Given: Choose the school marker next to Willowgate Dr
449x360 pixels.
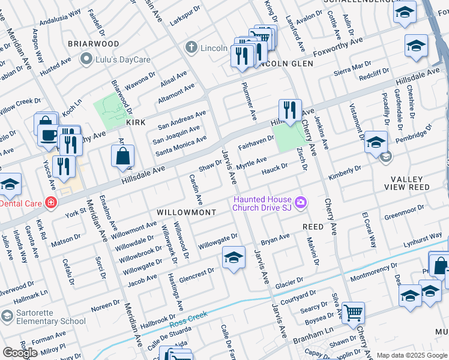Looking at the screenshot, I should (234, 258).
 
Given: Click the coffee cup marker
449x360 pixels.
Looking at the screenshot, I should (48, 134).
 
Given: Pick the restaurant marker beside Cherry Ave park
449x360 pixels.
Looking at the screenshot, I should (290, 110).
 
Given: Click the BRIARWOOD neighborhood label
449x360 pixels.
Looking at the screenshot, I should (93, 44).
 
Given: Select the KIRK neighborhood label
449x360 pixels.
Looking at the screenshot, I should (136, 122).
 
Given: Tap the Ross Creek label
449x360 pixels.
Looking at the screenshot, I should (188, 316).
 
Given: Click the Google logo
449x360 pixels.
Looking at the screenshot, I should (20, 353).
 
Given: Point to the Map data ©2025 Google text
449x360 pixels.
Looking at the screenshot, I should (412, 355).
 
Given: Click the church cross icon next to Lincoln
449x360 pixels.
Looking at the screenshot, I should (191, 47).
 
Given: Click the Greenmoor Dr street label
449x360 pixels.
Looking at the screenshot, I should (404, 212).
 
